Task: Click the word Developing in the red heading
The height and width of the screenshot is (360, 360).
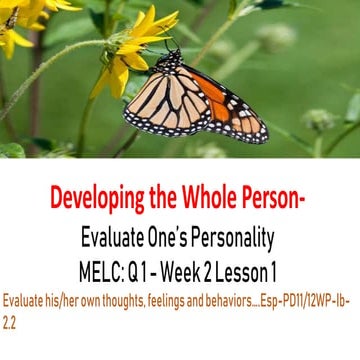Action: (95, 201)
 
